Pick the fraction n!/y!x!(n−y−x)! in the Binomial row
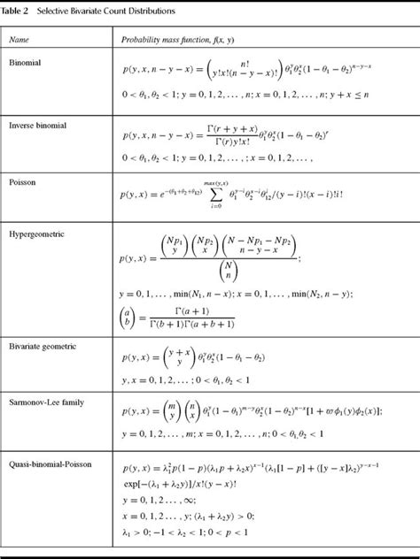pyautogui.click(x=235, y=72)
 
